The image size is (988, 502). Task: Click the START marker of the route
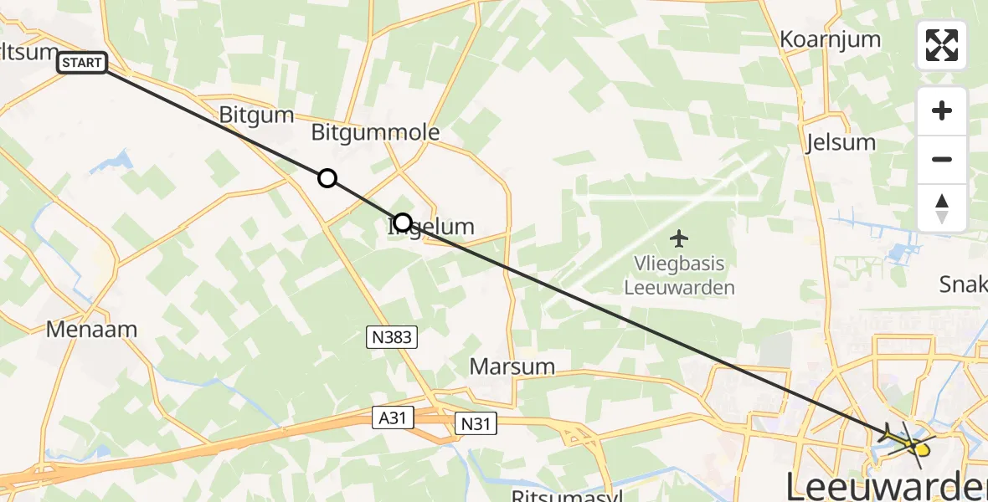(83, 63)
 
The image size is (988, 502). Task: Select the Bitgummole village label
(375, 132)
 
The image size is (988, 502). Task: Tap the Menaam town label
(91, 329)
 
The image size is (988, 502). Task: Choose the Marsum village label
(512, 366)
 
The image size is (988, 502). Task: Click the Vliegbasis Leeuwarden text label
(679, 275)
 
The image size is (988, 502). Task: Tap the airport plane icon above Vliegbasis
(679, 239)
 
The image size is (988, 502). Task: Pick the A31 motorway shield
(394, 417)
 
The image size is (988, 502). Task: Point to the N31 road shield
(476, 424)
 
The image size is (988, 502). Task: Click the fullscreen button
(942, 45)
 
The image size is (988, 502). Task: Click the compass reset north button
(942, 207)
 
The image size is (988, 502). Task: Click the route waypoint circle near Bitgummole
(327, 178)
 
